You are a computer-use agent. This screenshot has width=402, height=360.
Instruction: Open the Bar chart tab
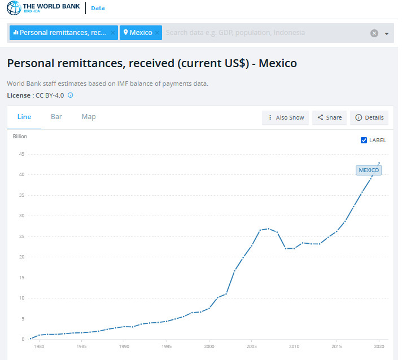[x=56, y=117]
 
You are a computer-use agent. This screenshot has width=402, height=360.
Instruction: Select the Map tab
[x=89, y=117]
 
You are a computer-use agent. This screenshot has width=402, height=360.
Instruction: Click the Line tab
[x=24, y=117]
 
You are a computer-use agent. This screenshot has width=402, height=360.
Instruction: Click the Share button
[x=329, y=117]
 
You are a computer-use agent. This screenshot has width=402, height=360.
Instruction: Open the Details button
[x=369, y=117]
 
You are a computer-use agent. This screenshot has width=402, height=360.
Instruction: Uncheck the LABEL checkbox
[x=364, y=140]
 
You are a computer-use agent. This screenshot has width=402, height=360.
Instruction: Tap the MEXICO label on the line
[x=369, y=170]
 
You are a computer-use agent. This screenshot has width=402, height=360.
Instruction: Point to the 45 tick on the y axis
[x=22, y=154]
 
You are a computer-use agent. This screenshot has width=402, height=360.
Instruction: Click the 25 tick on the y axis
[x=22, y=236]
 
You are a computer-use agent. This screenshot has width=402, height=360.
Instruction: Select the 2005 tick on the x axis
[x=252, y=346]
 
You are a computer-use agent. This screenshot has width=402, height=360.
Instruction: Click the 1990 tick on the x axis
[x=124, y=346]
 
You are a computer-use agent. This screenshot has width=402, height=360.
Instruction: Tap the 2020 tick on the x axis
[x=379, y=346]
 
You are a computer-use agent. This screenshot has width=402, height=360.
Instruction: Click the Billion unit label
[x=20, y=136]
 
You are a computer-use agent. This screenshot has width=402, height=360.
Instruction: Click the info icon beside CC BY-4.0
[x=71, y=95]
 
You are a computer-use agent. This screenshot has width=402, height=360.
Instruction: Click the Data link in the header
[x=98, y=8]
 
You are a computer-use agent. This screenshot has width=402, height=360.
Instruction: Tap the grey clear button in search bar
[x=374, y=33]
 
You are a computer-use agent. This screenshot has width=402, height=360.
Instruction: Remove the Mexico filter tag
[x=158, y=33]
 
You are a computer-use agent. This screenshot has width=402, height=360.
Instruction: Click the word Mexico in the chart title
[x=278, y=63]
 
